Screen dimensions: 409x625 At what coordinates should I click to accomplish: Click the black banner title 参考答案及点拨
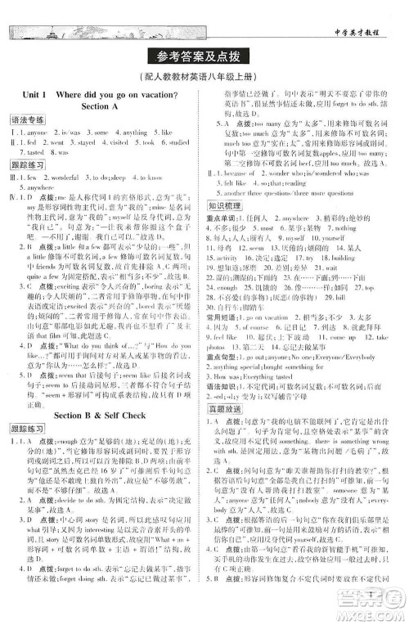point(204,56)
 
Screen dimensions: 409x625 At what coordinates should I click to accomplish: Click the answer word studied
point(180,142)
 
